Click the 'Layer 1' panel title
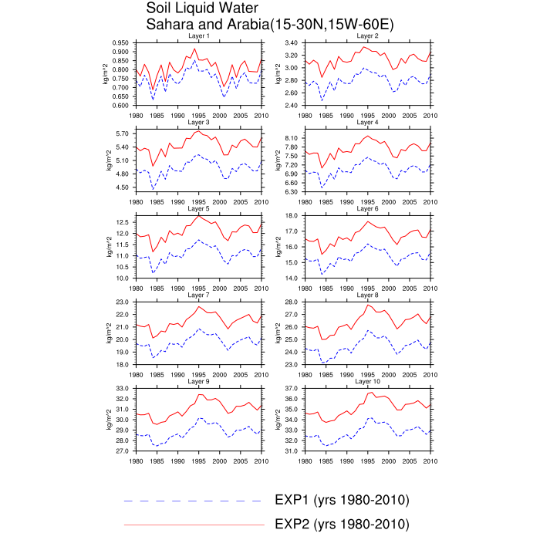coord(198,36)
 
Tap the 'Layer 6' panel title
coord(367,209)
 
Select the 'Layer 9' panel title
coord(198,382)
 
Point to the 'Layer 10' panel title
coord(367,382)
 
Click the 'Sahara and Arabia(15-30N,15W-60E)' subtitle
coord(270,25)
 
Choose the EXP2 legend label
coord(341,525)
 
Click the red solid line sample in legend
coord(193,525)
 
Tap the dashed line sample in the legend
coord(193,501)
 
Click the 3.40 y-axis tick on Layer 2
coord(292,42)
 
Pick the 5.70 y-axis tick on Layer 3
coord(122,133)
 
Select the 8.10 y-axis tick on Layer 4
coord(292,138)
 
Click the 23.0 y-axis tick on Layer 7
coord(122,302)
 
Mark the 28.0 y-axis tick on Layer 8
coord(292,302)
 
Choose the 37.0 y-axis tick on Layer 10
coord(292,388)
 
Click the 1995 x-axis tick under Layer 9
coord(198,461)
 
